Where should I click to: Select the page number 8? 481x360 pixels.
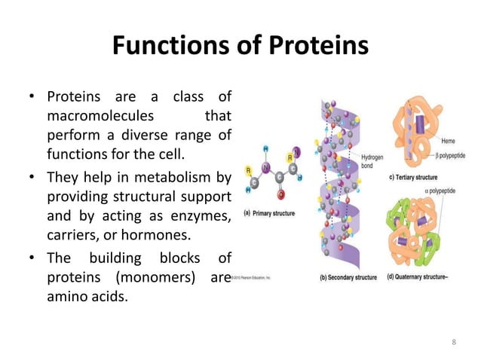pyautogui.click(x=453, y=343)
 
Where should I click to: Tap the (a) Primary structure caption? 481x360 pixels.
pyautogui.click(x=269, y=213)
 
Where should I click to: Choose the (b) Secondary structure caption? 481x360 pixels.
pyautogui.click(x=348, y=277)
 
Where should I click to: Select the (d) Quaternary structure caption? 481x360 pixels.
pyautogui.click(x=426, y=277)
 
